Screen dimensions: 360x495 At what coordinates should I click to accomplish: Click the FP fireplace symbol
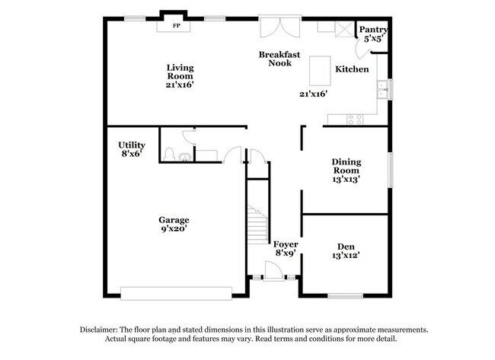tap(176, 26)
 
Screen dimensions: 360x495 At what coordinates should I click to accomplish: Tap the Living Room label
tap(180, 76)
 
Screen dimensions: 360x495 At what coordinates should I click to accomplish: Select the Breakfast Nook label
tap(279, 59)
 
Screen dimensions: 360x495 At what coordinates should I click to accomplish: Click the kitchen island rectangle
tap(320, 70)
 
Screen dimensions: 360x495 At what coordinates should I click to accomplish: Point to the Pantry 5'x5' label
tap(375, 33)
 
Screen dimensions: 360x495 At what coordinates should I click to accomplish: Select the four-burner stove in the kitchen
tap(355, 119)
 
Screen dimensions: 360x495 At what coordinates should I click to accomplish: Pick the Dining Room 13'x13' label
tap(346, 170)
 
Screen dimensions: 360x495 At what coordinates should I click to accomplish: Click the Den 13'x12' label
tap(346, 250)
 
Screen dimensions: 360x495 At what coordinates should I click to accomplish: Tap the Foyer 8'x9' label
tap(286, 249)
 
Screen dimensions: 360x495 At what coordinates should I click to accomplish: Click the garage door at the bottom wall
tap(176, 292)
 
